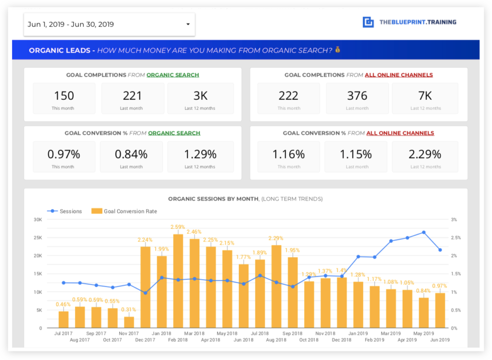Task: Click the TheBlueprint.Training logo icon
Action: [x=368, y=22]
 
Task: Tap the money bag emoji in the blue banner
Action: [x=338, y=50]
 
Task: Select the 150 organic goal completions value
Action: [x=63, y=96]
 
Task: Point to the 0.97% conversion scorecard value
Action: [x=63, y=154]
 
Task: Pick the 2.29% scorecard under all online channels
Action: [x=425, y=154]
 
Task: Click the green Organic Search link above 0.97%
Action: [x=174, y=133]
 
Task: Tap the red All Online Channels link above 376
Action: [x=399, y=75]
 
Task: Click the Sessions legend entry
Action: [x=64, y=211]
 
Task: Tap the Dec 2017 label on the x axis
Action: [x=145, y=340]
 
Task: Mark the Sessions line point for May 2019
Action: [x=424, y=232]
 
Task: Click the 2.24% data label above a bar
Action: [x=145, y=240]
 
